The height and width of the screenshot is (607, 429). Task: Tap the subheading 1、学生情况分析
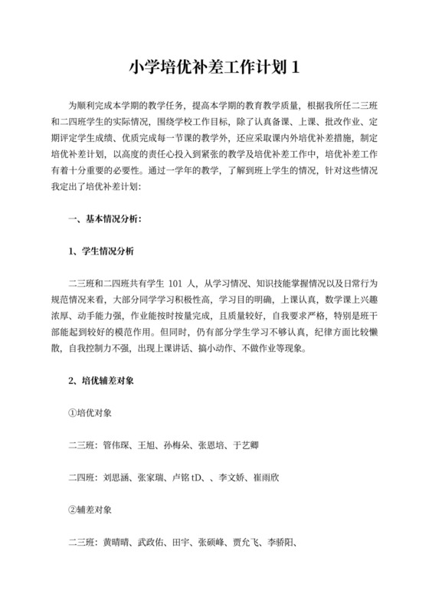[x=101, y=251]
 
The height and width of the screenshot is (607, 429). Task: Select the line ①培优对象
[x=90, y=412]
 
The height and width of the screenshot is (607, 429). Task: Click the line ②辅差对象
[x=90, y=510]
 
